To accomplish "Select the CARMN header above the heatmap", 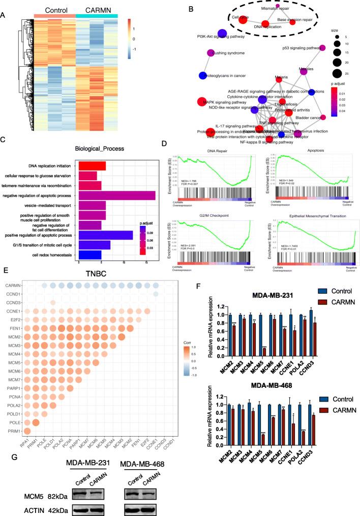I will [96, 10].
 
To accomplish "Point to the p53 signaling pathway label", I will [303, 48].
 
